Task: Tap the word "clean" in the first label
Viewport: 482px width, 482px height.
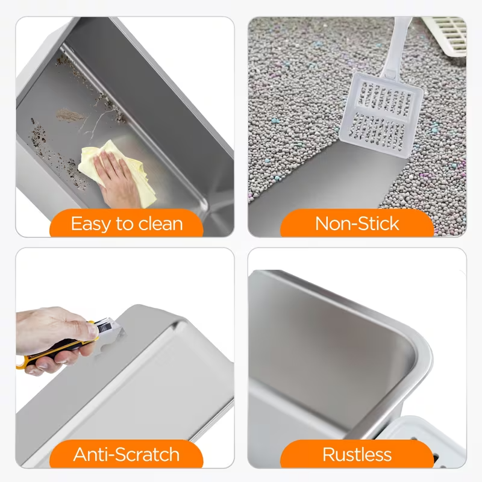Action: tap(157, 224)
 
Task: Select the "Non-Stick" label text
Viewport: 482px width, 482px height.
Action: tap(357, 224)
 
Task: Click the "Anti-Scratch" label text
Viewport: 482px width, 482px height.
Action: tap(127, 454)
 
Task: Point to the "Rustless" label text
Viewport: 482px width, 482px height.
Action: tap(357, 454)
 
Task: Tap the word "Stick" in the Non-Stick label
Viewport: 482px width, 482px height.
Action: tap(377, 224)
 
